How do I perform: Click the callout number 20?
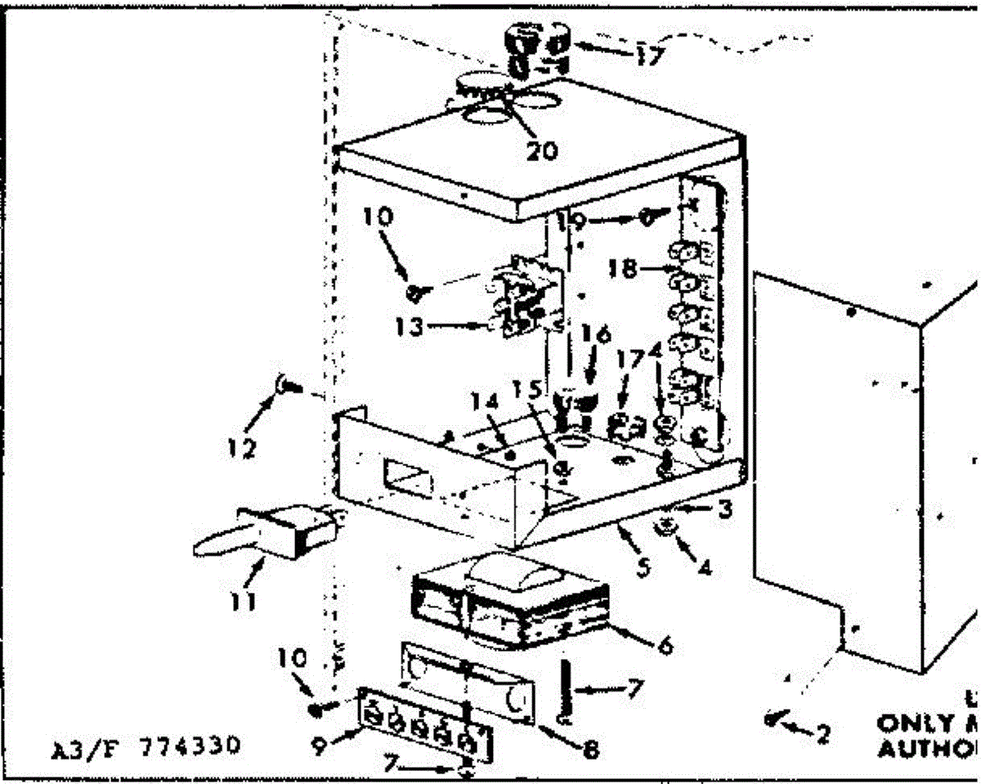click(542, 150)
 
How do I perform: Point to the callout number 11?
click(242, 603)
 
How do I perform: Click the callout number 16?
click(600, 334)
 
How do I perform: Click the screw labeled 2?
click(773, 719)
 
